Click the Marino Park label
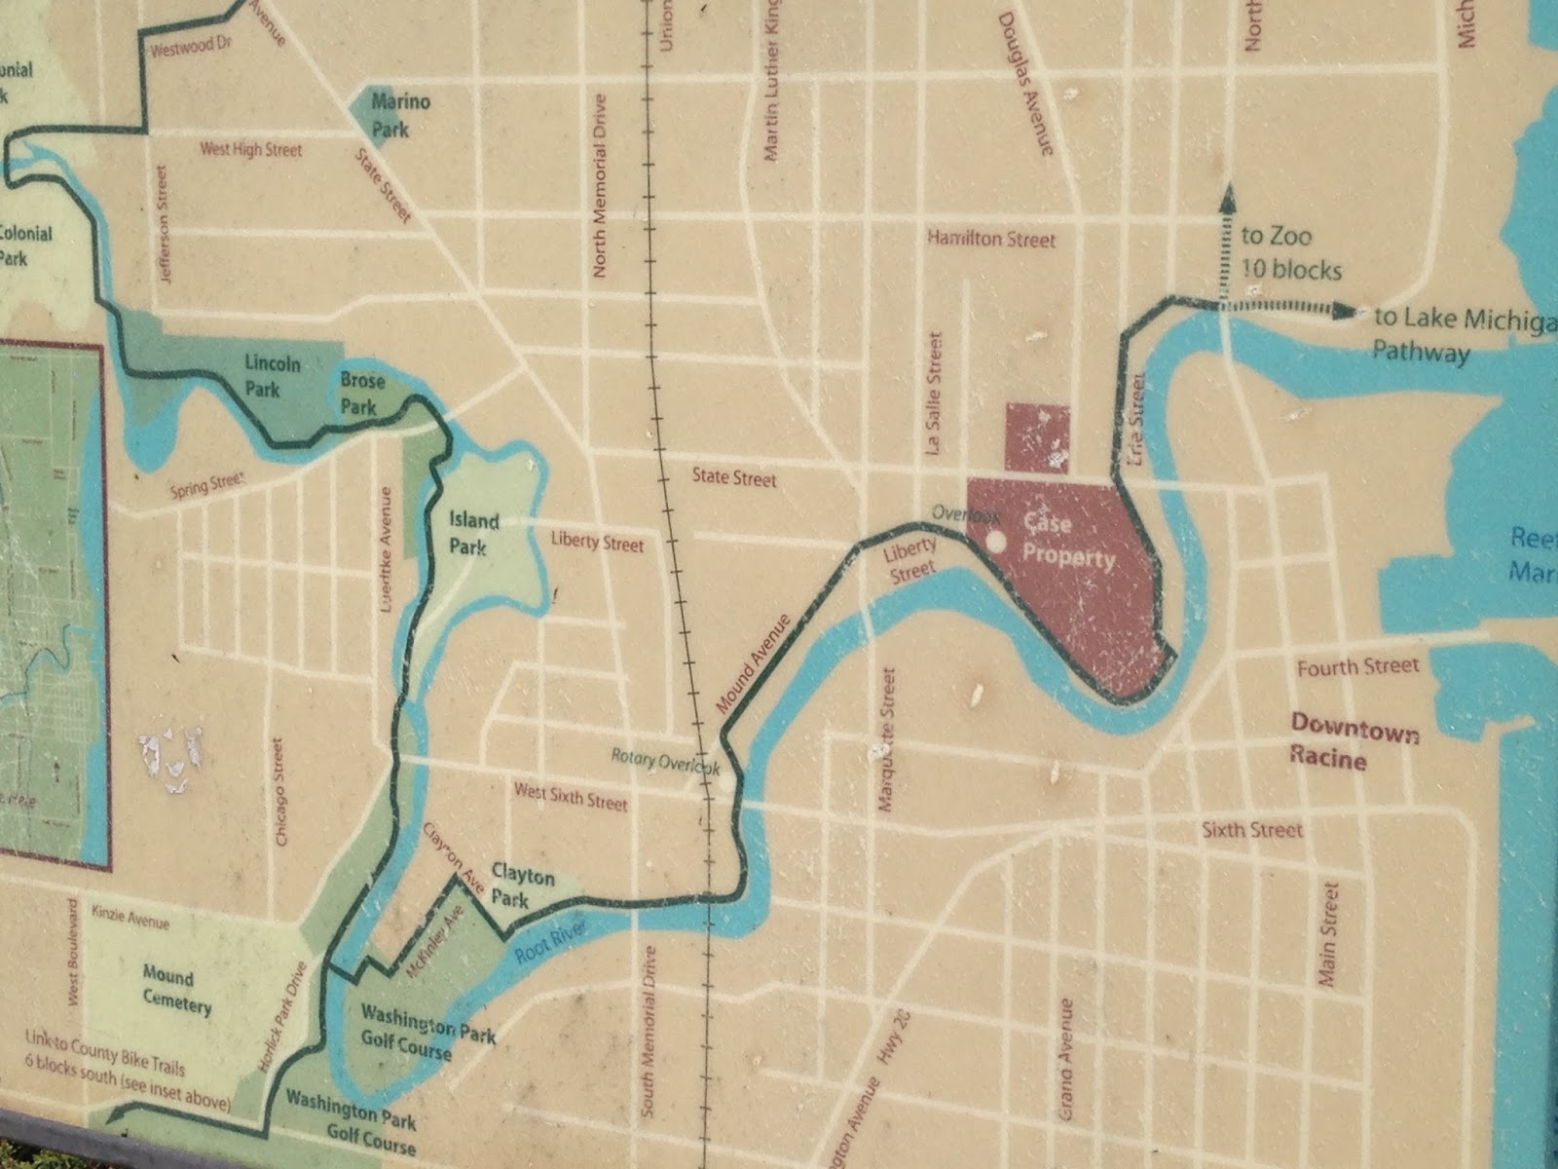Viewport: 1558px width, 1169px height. coord(401,115)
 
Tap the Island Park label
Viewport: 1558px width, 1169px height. coord(474,534)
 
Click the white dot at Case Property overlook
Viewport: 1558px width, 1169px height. coord(995,541)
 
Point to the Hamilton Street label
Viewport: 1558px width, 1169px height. coord(990,239)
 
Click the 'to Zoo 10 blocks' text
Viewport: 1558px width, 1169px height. coord(1290,252)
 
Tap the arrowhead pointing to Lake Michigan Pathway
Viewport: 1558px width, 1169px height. coord(1345,312)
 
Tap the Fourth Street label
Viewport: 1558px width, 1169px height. coord(1357,667)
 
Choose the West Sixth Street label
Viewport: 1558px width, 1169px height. coord(571,797)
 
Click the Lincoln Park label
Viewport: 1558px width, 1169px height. coord(273,376)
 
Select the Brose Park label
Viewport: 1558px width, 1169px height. coord(361,392)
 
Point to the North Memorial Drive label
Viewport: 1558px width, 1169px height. coord(601,185)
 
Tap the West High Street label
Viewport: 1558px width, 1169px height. coord(250,150)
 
